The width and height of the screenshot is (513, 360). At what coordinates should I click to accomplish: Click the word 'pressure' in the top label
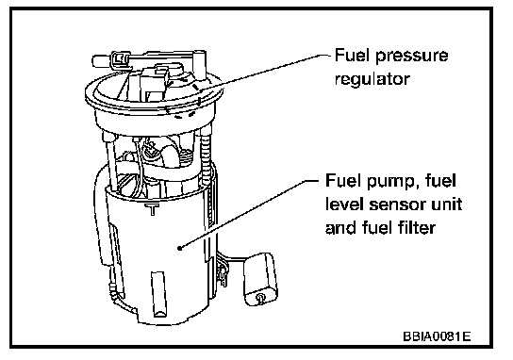411,57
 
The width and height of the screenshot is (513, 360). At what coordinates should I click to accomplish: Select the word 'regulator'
372,79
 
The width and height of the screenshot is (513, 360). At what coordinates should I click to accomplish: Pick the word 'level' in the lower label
345,205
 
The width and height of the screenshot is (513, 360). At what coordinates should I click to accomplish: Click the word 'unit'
448,205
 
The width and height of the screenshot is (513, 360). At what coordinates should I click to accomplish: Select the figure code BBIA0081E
437,336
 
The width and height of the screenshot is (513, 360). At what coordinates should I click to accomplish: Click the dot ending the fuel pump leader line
179,248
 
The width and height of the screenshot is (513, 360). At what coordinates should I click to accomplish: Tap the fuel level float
261,279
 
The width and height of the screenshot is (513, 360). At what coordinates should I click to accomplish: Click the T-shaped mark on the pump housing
152,209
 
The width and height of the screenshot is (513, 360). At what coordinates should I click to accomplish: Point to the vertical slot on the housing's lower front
158,294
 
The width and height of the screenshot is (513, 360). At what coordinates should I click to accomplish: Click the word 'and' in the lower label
341,227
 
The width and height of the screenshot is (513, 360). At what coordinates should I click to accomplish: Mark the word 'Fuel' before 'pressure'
352,55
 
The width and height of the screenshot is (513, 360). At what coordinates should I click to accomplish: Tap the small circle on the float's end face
261,297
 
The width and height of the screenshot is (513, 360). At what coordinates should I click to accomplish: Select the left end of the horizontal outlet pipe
93,61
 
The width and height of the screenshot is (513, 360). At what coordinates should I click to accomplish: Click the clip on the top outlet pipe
119,60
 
